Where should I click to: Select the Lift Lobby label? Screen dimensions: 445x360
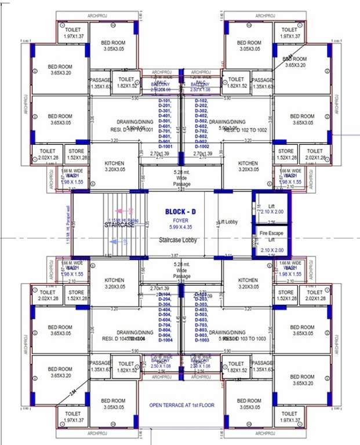click(x=229, y=222)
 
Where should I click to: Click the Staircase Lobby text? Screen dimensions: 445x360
click(x=180, y=239)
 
